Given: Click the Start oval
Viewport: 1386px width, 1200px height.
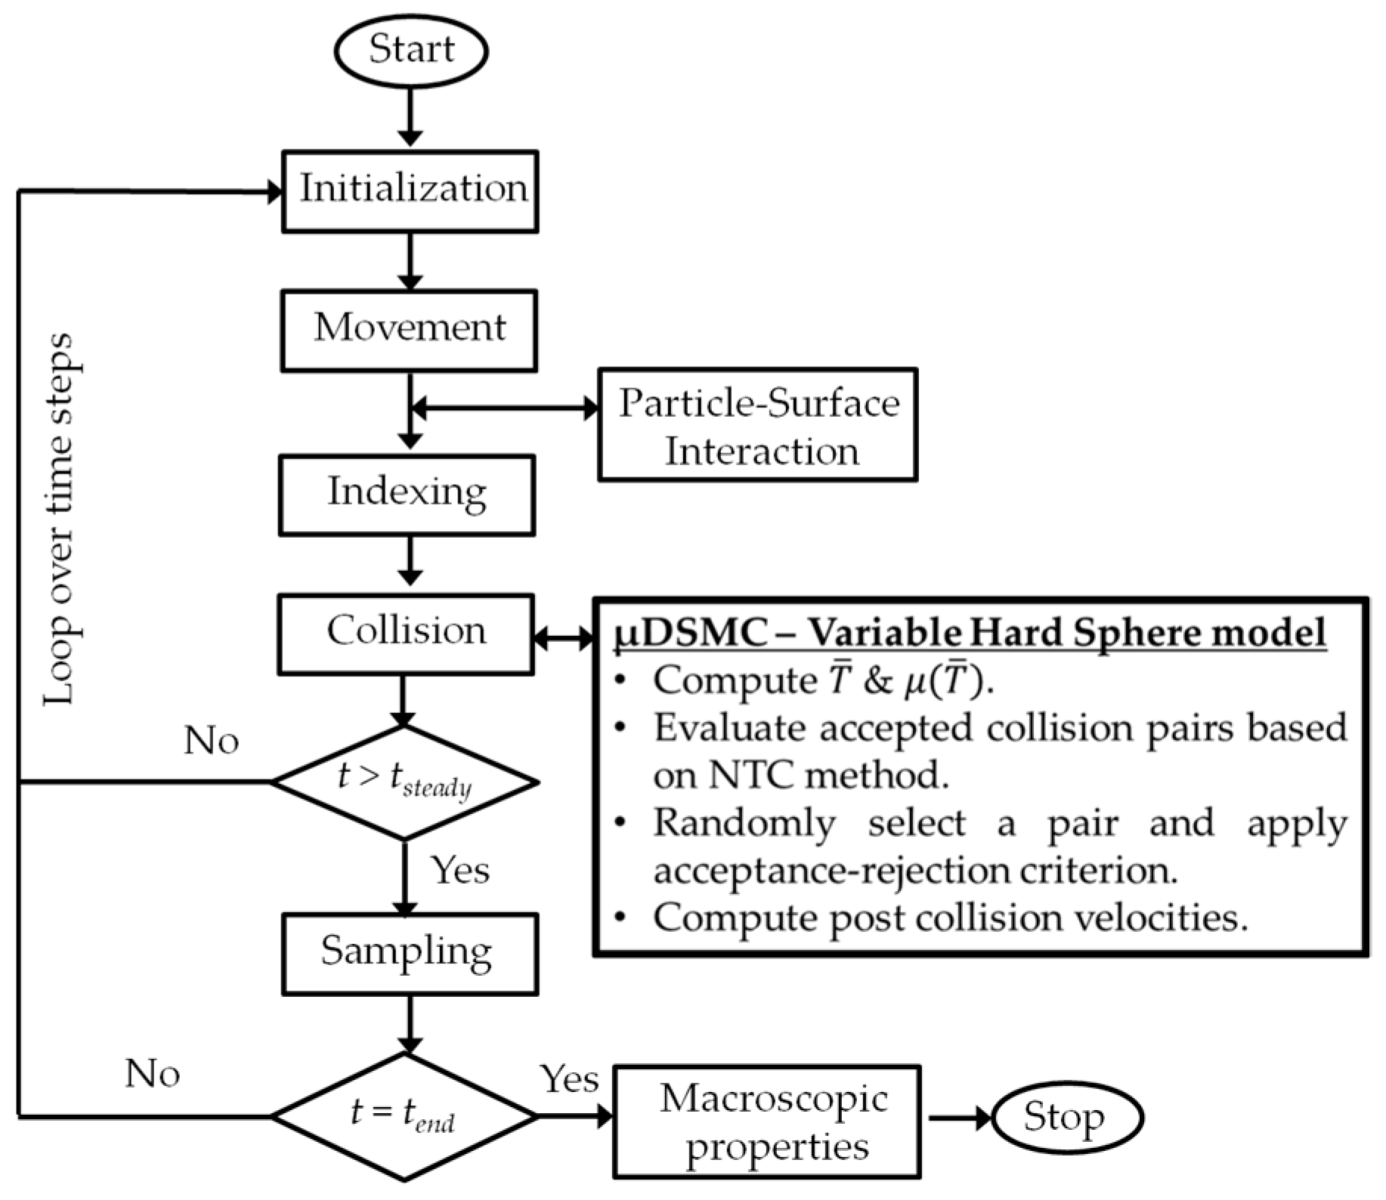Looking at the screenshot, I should click(410, 51).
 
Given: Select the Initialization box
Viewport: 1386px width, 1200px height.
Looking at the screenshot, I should click(410, 191).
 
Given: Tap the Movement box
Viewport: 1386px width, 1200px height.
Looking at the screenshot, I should click(409, 330).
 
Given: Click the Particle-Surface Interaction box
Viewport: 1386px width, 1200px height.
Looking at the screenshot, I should click(757, 425).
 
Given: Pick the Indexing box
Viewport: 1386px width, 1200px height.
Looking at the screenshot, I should click(407, 495).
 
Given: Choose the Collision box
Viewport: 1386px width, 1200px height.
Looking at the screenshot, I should click(406, 633).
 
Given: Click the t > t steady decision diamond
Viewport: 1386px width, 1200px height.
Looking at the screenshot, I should click(404, 782).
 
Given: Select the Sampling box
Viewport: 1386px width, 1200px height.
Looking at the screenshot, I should click(409, 953).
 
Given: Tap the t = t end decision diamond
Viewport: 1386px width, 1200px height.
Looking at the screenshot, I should click(404, 1115).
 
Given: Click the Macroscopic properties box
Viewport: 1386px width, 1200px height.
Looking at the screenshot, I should click(766, 1121).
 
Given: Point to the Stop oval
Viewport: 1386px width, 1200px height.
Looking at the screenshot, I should click(1066, 1118).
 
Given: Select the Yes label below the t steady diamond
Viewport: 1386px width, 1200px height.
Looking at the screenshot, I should click(459, 871).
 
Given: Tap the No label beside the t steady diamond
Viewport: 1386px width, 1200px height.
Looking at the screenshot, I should click(212, 741).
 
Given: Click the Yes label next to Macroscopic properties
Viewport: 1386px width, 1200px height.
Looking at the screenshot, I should click(569, 1079).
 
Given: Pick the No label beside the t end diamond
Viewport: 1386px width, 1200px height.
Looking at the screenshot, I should click(153, 1073).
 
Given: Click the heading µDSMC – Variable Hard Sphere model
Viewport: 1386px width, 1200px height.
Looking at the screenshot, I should click(970, 633).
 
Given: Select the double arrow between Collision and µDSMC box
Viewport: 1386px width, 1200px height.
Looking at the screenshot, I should click(564, 638).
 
